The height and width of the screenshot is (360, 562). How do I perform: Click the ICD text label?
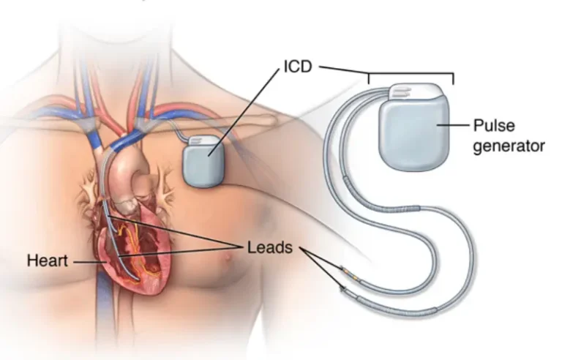[298, 67]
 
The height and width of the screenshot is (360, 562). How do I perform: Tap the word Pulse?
[494, 126]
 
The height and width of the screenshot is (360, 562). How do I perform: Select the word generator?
[509, 146]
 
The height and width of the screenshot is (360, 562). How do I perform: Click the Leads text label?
[270, 247]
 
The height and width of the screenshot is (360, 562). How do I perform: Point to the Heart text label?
[48, 260]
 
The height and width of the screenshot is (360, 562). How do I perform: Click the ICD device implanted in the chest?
[203, 162]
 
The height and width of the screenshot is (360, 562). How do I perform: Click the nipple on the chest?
[228, 258]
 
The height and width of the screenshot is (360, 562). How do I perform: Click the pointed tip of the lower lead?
[343, 288]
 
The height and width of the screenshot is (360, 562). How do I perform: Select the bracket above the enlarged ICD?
[411, 74]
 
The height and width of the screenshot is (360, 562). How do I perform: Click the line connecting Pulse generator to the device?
[453, 125]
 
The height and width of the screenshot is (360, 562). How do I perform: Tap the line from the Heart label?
[90, 262]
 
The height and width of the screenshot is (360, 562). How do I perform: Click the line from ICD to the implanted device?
[244, 112]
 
